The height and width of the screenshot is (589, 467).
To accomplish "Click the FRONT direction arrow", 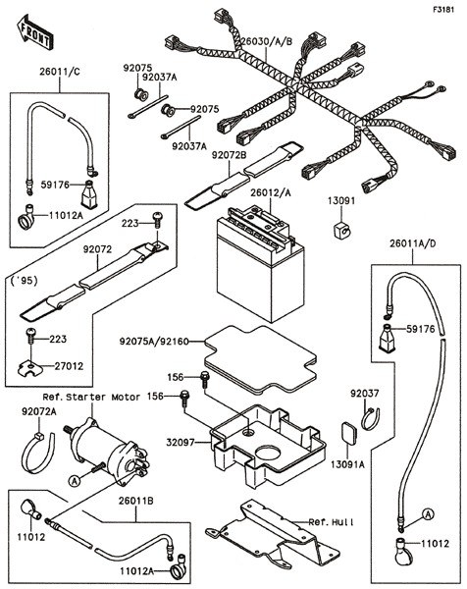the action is (x=34, y=32).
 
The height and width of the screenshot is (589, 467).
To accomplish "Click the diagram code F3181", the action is (x=443, y=10).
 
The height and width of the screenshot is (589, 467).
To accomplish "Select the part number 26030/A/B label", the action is (x=266, y=41).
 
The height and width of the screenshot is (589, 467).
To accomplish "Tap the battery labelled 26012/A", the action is (x=260, y=263).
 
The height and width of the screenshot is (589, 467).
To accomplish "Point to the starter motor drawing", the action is (x=108, y=447).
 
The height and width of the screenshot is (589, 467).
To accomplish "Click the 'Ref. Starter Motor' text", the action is (x=91, y=397).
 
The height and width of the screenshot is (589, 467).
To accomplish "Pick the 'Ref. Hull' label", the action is (x=331, y=522).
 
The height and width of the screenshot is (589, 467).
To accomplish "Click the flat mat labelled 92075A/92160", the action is (x=261, y=359).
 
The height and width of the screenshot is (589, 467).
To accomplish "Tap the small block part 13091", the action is (x=341, y=230).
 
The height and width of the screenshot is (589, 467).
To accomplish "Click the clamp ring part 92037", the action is (x=371, y=419).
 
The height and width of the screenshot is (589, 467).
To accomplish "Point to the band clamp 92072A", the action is (x=38, y=453).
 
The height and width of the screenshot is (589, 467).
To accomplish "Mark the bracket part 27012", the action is (x=30, y=368).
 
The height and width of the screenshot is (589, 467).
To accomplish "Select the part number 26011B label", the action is (x=136, y=501).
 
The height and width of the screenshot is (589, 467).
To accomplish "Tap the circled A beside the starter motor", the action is (x=75, y=480).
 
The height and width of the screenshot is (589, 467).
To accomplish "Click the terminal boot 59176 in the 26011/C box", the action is (x=89, y=194).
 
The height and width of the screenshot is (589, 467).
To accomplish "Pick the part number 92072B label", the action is (x=229, y=155).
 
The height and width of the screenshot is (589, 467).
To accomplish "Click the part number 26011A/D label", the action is (x=413, y=243).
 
